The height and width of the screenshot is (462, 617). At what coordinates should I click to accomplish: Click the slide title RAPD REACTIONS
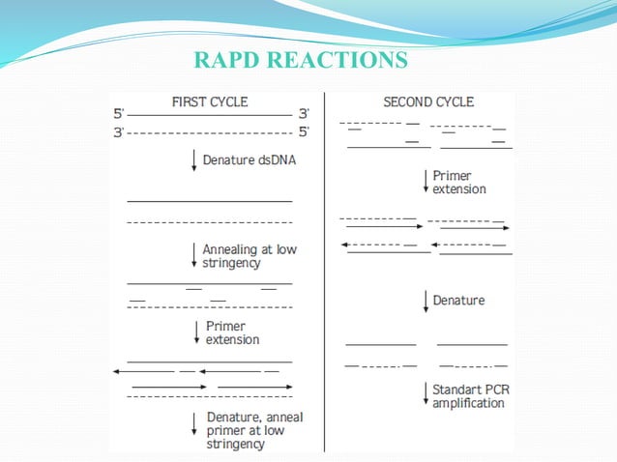click(x=300, y=61)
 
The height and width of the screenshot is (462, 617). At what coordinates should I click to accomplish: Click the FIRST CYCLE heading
click(x=209, y=101)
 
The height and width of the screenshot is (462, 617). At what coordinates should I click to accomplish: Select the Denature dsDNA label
click(x=249, y=160)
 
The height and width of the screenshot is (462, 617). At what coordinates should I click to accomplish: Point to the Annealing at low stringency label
click(x=249, y=256)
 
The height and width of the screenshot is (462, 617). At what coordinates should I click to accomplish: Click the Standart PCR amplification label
click(x=468, y=396)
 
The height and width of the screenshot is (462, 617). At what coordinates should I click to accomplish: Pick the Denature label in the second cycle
click(x=458, y=301)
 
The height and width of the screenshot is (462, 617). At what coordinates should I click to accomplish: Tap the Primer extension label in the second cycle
click(x=458, y=184)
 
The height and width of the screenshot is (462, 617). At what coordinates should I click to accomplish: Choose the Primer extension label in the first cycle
click(x=232, y=333)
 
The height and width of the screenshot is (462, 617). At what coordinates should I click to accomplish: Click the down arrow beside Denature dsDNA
click(x=195, y=161)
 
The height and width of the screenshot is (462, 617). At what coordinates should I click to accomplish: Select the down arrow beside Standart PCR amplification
click(x=426, y=395)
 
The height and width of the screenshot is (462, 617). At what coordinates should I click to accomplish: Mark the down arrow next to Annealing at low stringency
click(x=195, y=256)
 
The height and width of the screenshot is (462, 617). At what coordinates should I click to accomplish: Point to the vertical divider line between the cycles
click(x=324, y=271)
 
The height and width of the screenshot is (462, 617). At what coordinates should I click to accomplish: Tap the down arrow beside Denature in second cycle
click(x=426, y=301)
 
